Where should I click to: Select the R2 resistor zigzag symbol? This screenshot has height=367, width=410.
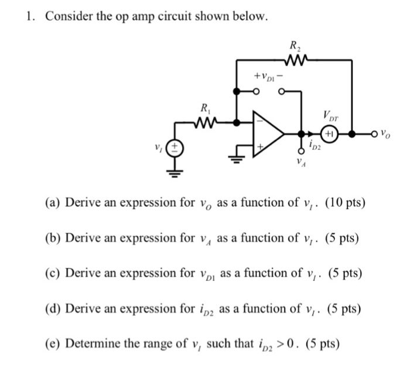(x=294, y=59)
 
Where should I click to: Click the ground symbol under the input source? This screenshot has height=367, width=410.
(x=176, y=172)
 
